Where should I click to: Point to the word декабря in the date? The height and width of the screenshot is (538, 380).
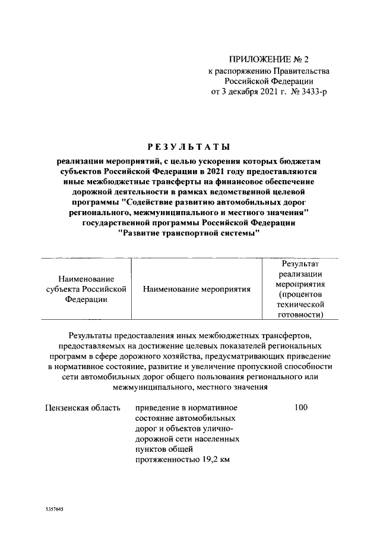248,92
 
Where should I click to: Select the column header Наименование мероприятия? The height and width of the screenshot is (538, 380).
197,289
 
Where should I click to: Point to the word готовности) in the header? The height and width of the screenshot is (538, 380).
300,315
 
